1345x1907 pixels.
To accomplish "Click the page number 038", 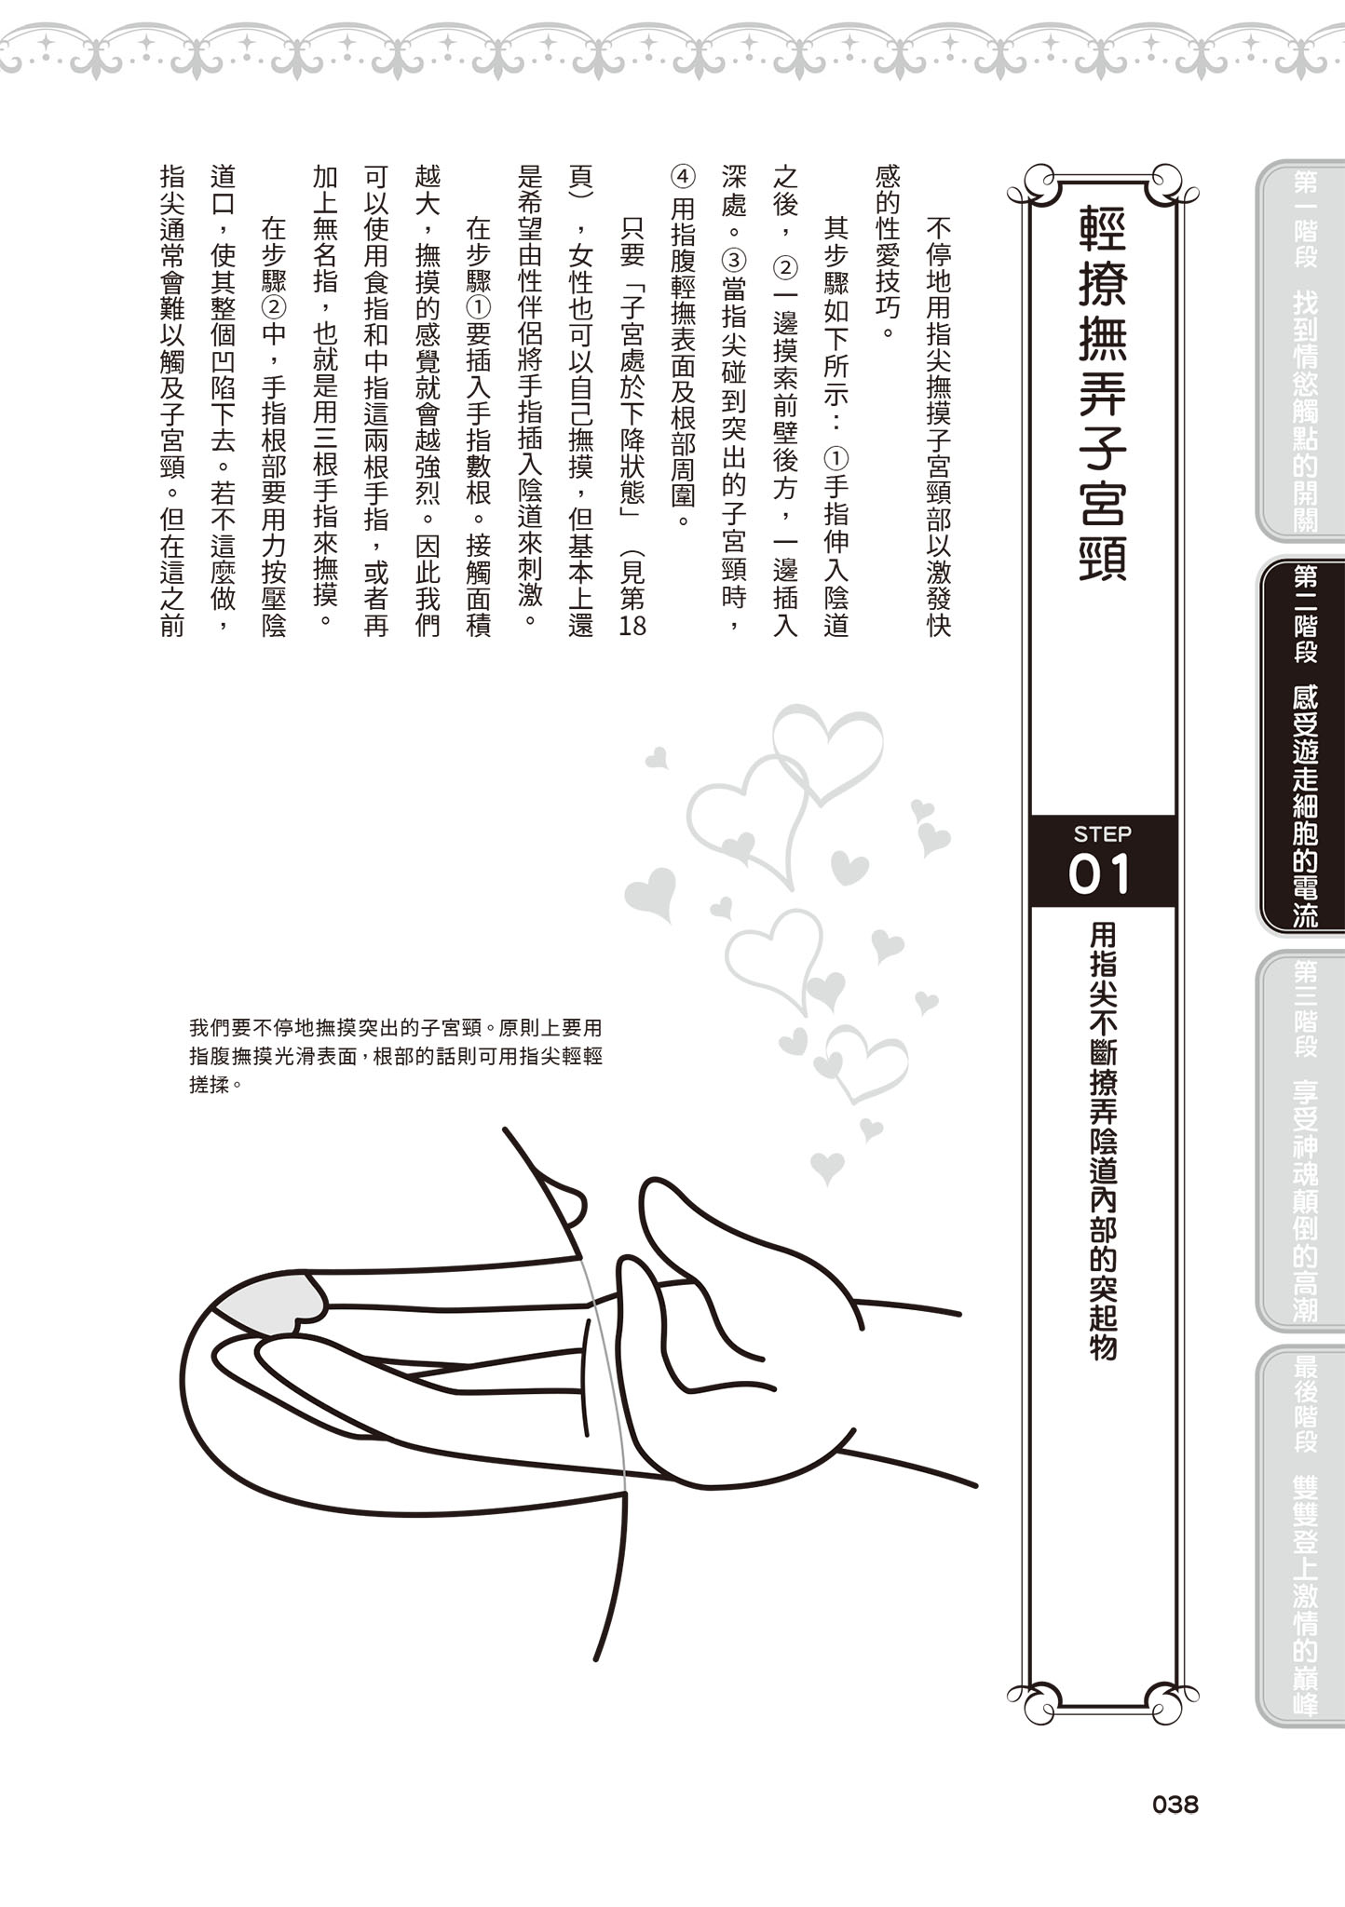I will tap(1175, 1805).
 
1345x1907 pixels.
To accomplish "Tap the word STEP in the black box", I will tap(1102, 833).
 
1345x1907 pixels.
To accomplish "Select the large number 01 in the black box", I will tap(1101, 875).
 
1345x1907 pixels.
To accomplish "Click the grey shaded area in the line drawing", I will tap(270, 1303).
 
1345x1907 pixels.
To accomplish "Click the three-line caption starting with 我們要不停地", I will tap(396, 1057).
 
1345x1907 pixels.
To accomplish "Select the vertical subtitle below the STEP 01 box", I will tap(1103, 1141).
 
